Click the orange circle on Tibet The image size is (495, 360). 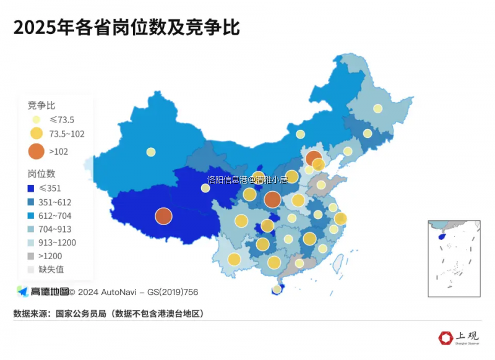click(x=163, y=216)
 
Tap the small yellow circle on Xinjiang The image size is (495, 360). click(x=151, y=152)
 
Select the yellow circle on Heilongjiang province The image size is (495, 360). click(x=377, y=109)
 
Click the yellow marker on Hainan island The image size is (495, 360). click(x=277, y=289)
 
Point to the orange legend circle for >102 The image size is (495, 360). click(x=37, y=151)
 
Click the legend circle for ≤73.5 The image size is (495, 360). click(x=37, y=120)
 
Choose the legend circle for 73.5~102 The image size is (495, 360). click(x=37, y=134)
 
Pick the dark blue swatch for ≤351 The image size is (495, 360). click(x=31, y=189)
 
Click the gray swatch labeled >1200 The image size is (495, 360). click(x=31, y=256)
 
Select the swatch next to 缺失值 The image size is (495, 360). click(x=31, y=270)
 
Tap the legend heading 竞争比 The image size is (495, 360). click(x=41, y=105)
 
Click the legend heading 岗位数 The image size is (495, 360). click(x=41, y=174)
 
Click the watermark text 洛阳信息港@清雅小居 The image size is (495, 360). click(x=247, y=180)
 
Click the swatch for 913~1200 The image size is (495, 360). click(x=31, y=242)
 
